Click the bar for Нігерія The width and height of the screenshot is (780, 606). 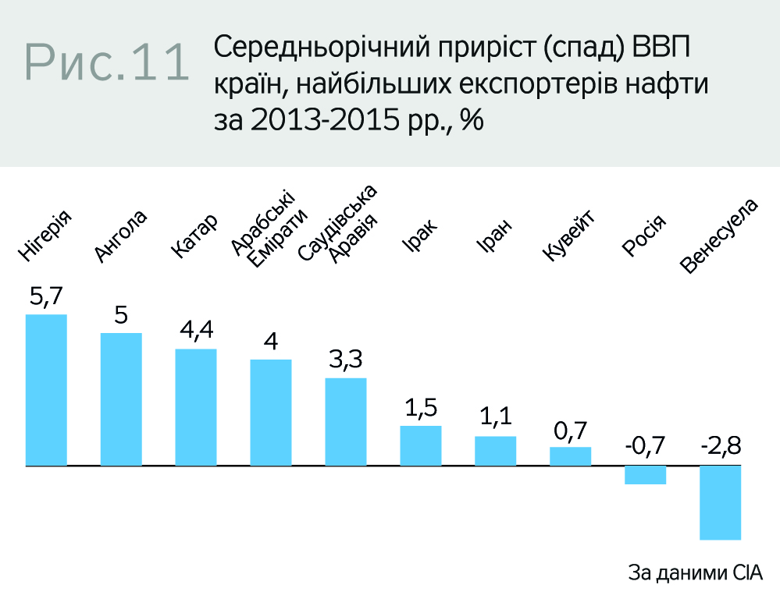pos(46,390)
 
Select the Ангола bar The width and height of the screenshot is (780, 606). pos(121,399)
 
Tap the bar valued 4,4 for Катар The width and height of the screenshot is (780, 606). pos(196,407)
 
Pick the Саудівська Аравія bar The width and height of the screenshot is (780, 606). pos(346,422)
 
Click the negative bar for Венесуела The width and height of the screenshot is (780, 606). pos(720,502)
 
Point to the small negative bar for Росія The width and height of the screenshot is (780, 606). pos(645,475)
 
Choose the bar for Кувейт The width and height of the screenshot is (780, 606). pos(570,456)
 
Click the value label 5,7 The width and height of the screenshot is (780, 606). pos(46,296)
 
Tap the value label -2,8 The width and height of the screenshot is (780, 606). pos(720,447)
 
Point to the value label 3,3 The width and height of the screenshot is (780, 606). pos(346,360)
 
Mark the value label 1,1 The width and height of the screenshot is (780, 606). pos(496,419)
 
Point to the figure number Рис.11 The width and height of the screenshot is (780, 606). pos(107,62)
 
